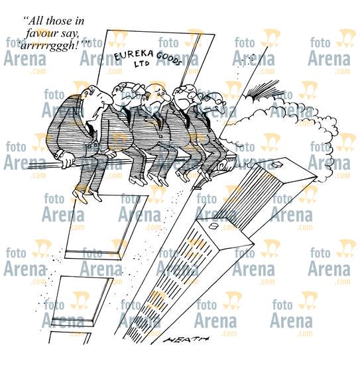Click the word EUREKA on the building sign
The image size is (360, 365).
coord(133,55)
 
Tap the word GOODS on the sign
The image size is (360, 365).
coord(168,58)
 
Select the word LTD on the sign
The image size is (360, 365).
coord(142,64)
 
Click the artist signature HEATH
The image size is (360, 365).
coord(186,339)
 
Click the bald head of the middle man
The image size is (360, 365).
coord(154,89)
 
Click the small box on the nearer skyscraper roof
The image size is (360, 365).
coord(213,226)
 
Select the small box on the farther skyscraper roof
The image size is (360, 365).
coord(277,165)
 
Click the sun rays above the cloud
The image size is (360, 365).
coord(262,89)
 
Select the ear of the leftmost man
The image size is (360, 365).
coord(86,94)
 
